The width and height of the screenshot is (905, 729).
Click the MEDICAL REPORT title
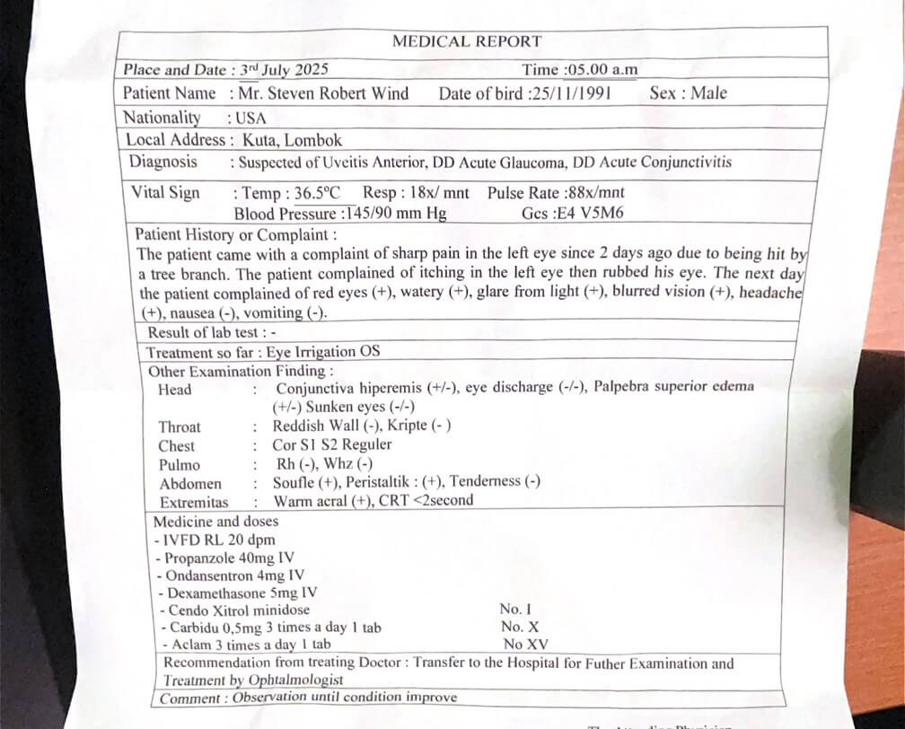466,41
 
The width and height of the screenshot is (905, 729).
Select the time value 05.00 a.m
601,70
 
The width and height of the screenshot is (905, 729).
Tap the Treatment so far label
198,352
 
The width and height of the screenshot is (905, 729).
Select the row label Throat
180,427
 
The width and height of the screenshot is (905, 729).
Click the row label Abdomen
189,484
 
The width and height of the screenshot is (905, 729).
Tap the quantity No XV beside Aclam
525,644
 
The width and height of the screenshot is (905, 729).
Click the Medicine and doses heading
215,521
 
